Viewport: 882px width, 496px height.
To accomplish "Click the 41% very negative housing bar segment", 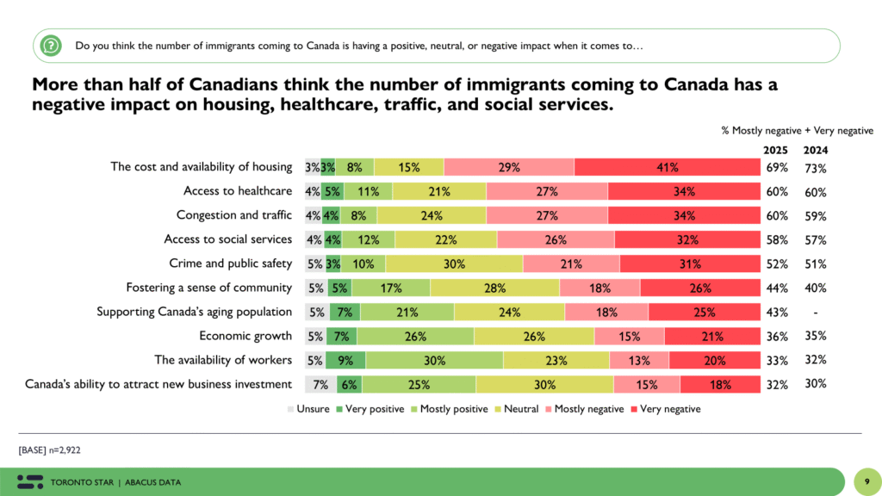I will [668, 167].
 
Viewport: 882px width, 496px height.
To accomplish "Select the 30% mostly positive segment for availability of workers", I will [434, 360].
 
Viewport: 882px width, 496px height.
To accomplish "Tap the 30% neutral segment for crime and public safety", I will [454, 263].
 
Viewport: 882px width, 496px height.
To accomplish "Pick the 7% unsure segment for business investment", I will [320, 384].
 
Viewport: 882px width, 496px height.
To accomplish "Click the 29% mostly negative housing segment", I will [509, 167].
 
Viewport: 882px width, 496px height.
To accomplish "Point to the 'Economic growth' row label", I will [245, 336].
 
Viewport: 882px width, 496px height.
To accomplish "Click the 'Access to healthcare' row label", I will [238, 191].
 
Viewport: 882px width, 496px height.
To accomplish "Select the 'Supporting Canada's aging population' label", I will [195, 312].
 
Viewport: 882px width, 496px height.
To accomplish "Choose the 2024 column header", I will [816, 150].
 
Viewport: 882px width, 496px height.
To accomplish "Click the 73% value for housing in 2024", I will [816, 167].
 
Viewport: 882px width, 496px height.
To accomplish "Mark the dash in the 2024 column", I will [815, 312].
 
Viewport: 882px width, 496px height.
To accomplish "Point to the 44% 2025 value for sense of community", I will [777, 288].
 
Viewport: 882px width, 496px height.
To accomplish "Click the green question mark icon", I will [52, 45].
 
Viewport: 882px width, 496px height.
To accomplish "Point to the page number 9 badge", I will [863, 480].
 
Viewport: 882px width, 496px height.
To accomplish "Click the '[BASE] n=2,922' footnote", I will [48, 449].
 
